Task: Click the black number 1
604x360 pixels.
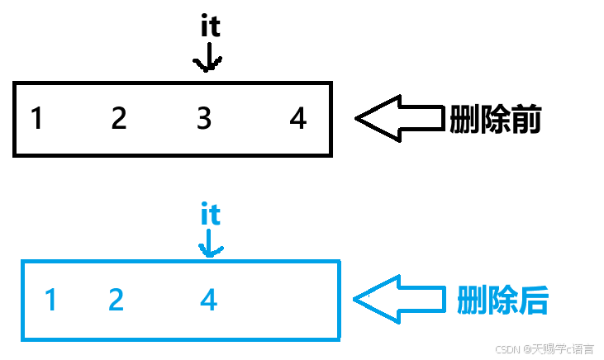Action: tap(36, 120)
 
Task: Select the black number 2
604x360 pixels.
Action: tap(119, 120)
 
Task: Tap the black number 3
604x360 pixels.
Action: tap(204, 120)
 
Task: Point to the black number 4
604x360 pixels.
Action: tap(298, 120)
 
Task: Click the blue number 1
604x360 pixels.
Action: tap(50, 300)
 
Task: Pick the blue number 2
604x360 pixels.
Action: tap(116, 300)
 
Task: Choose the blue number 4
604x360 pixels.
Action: tap(209, 300)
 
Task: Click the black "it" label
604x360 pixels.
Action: tap(211, 27)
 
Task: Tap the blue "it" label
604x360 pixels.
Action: tap(211, 216)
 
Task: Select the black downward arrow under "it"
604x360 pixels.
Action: tap(207, 58)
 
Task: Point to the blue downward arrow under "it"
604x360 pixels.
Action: tap(211, 244)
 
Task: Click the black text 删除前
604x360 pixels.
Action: tap(495, 121)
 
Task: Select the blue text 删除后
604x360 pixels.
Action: tap(502, 299)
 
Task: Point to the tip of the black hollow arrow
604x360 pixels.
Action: tap(357, 120)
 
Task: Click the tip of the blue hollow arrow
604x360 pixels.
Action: tap(355, 299)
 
